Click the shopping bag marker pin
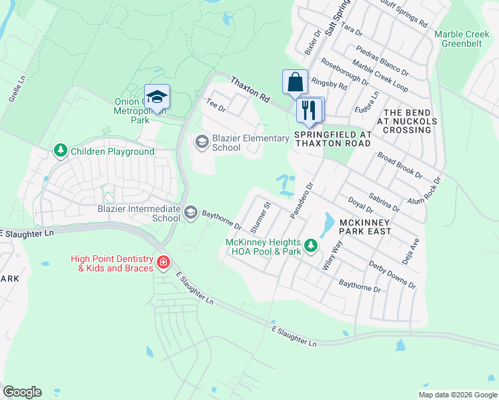coord(295,83)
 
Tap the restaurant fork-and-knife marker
coord(308,109)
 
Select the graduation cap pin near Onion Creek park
coord(157,97)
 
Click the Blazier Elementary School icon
coord(201,141)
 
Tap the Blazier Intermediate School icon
coord(190,213)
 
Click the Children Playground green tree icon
coord(61,151)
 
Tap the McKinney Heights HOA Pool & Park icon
coord(310,247)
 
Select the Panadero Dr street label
coord(302,200)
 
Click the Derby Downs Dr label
coord(392,274)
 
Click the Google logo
coord(22,392)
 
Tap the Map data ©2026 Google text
coord(457,395)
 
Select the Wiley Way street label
coord(332,255)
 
